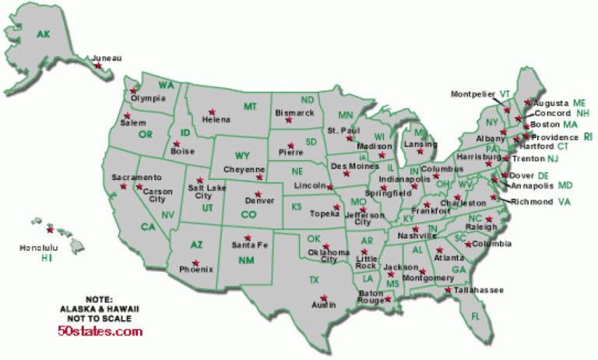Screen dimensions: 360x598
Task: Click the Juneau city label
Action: click(x=107, y=58)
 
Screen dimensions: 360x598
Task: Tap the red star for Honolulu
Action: click(x=51, y=230)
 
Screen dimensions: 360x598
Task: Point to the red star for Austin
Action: click(x=323, y=297)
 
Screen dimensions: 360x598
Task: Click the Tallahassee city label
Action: click(x=479, y=290)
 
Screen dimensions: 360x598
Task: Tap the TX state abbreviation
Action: click(x=315, y=279)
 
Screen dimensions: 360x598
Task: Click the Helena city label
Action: click(x=216, y=119)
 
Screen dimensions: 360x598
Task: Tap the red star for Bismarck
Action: click(x=289, y=120)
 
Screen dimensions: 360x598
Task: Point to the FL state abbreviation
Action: click(x=476, y=316)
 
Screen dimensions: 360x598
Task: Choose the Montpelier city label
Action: click(x=473, y=94)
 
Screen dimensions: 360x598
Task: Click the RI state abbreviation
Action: click(x=588, y=136)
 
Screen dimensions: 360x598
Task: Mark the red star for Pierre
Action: click(x=291, y=144)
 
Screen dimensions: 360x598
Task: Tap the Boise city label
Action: click(x=184, y=153)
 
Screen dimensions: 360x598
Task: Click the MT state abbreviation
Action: click(x=250, y=106)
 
